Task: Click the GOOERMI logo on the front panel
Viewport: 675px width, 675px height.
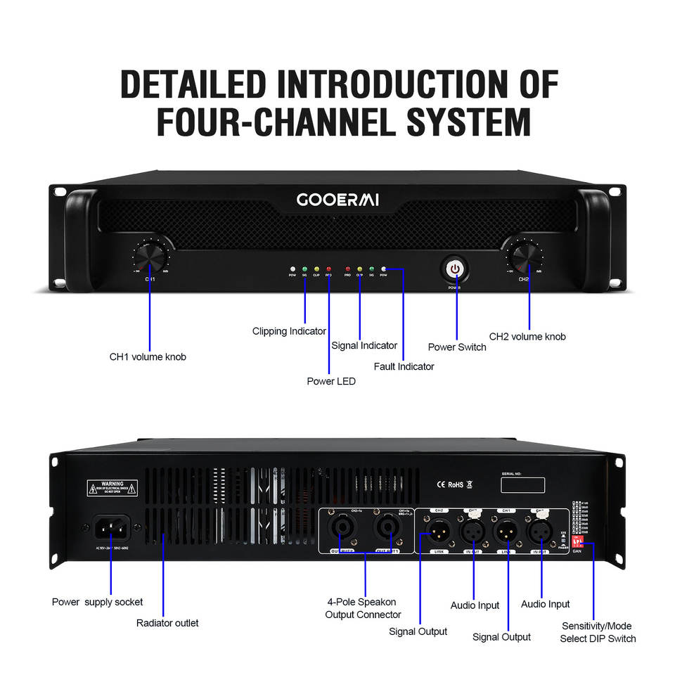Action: pos(337,200)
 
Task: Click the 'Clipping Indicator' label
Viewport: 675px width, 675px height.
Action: pos(289,331)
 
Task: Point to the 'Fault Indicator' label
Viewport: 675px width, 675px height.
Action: pos(404,366)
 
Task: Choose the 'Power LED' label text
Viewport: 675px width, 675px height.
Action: pos(331,381)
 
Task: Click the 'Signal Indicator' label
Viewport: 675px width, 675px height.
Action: pos(364,345)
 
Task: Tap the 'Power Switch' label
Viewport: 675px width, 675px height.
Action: pos(457,347)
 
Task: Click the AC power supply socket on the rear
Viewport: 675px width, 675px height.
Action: pos(111,527)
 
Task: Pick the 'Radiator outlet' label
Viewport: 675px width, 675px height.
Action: pos(167,622)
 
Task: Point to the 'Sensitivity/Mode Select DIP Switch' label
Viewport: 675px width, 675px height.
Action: pos(597,632)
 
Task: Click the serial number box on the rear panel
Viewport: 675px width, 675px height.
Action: pos(523,485)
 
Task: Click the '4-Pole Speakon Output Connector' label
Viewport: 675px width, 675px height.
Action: pos(363,608)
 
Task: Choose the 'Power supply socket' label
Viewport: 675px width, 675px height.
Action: pos(97,602)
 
